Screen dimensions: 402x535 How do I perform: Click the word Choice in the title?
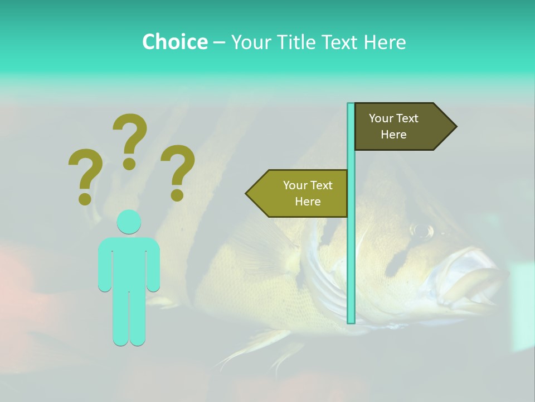(x=174, y=42)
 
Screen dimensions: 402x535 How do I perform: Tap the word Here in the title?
(x=385, y=42)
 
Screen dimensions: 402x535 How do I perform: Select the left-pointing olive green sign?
(x=301, y=193)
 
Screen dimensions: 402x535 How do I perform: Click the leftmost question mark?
(x=85, y=173)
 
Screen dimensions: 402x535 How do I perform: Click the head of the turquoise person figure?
(x=129, y=222)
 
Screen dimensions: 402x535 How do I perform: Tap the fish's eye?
(x=422, y=229)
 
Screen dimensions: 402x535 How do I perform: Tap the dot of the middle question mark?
(x=129, y=164)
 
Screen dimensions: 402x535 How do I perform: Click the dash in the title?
(x=219, y=42)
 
